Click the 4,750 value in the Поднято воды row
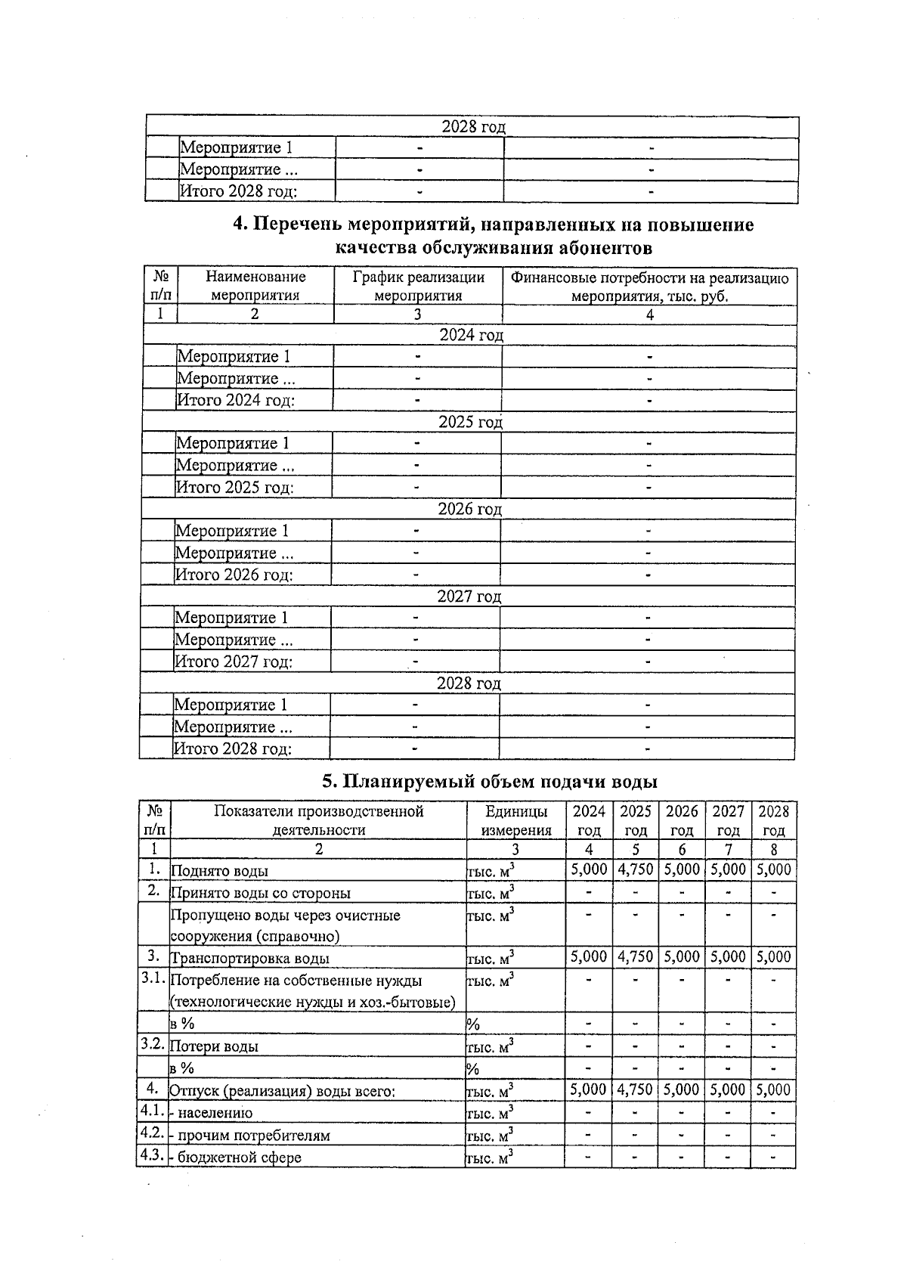tap(635, 869)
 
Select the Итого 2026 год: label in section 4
tap(234, 575)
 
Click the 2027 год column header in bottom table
tap(728, 820)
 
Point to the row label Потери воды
tap(214, 1046)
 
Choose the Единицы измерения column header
tap(515, 820)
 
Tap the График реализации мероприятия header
tap(418, 287)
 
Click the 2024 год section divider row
tap(471, 335)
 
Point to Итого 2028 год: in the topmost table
tap(237, 191)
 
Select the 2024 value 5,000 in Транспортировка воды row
tap(588, 956)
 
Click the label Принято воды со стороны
tap(261, 893)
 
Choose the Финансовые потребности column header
tap(649, 287)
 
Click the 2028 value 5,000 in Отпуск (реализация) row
tap(773, 1089)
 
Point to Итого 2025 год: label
tap(234, 488)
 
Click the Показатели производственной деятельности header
tap(318, 820)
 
